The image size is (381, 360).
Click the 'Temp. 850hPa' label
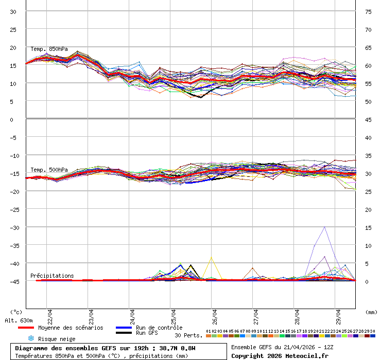click(49, 49)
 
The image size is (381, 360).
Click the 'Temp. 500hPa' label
click(49, 170)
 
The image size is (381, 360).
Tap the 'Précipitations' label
click(52, 276)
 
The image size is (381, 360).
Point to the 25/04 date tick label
click(174, 314)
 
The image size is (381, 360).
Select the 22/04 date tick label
click(50, 314)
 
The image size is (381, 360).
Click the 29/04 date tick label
click(338, 314)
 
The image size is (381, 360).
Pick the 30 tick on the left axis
click(13, 11)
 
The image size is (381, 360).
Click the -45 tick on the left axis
click(13, 281)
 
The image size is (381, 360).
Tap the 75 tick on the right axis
click(369, 11)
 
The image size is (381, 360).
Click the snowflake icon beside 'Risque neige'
click(30, 338)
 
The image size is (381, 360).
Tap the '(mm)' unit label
click(371, 312)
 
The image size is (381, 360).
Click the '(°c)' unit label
click(16, 312)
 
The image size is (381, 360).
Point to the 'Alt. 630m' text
click(19, 320)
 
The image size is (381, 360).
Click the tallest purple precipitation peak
click(324, 227)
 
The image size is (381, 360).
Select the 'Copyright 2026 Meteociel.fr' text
click(280, 355)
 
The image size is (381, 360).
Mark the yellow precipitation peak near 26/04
click(211, 257)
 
